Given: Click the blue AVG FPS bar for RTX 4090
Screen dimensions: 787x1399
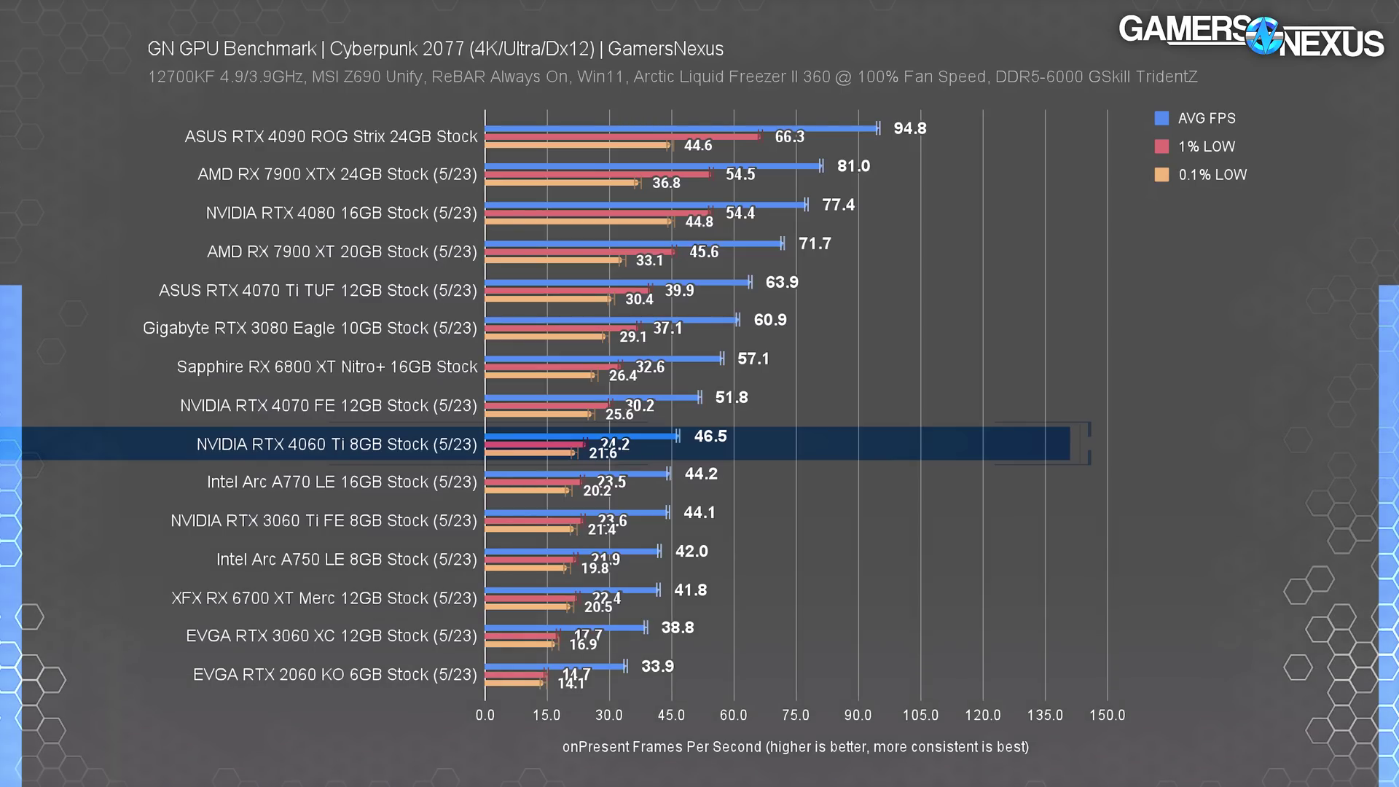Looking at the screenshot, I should (x=681, y=128).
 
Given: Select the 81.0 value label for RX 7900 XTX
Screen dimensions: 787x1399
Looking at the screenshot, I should (x=853, y=166).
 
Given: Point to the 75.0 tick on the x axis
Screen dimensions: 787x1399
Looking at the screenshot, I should (x=796, y=715).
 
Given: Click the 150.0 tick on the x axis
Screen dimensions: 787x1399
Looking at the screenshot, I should (x=1107, y=715).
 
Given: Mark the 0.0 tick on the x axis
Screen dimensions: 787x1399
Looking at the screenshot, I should (x=485, y=715).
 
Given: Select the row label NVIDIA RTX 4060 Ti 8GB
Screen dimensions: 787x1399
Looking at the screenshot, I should (x=337, y=445).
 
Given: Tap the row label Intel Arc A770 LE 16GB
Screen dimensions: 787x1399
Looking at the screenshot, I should (x=342, y=482).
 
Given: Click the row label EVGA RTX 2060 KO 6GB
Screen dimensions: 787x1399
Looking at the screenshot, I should (x=335, y=675).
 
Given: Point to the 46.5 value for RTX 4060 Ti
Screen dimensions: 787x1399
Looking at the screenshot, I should (x=710, y=436).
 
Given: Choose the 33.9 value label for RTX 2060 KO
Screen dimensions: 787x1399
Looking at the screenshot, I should (x=657, y=666).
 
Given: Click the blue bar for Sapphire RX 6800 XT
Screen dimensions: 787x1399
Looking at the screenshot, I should (x=603, y=359).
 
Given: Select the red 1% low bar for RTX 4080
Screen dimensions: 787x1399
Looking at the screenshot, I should (x=597, y=213).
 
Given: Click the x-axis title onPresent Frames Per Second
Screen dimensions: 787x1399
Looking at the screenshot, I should (x=795, y=747).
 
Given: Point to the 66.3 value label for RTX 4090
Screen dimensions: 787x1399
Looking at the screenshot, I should (x=789, y=137).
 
